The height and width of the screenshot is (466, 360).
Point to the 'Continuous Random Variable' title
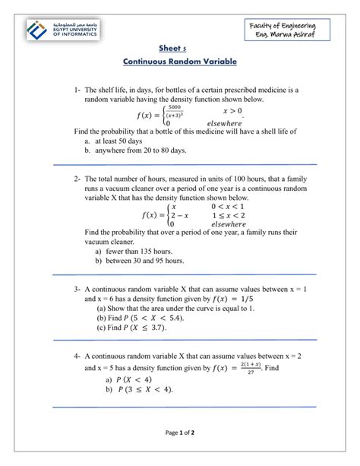180,61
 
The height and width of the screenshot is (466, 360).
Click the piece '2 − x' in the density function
180,215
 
